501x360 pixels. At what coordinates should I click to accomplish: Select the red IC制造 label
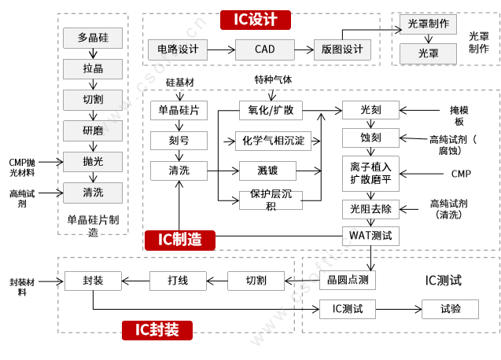[x=179, y=240]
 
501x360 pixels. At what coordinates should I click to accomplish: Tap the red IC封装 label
[x=157, y=330]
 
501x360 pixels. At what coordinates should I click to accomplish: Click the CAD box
[x=265, y=50]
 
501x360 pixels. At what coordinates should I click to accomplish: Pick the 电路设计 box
[x=178, y=50]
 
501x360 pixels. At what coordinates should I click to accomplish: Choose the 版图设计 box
[x=342, y=50]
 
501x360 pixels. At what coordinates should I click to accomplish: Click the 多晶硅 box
[x=93, y=38]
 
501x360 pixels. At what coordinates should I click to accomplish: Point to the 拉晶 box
[x=93, y=68]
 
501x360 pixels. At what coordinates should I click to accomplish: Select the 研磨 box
[x=93, y=130]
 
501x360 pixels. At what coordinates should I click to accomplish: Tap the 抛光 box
[x=93, y=162]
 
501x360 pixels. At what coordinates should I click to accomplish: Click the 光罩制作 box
[x=429, y=24]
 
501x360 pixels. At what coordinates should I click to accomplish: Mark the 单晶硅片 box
[x=179, y=110]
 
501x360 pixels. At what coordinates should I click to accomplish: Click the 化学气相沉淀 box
[x=272, y=141]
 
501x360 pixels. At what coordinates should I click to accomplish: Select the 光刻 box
[x=370, y=110]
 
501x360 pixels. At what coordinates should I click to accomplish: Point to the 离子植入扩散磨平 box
[x=370, y=174]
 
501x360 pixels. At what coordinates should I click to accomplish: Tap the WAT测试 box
[x=370, y=235]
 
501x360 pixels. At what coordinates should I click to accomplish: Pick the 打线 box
[x=178, y=281]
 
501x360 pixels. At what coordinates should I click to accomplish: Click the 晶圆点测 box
[x=347, y=281]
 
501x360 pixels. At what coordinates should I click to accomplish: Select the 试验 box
[x=451, y=309]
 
